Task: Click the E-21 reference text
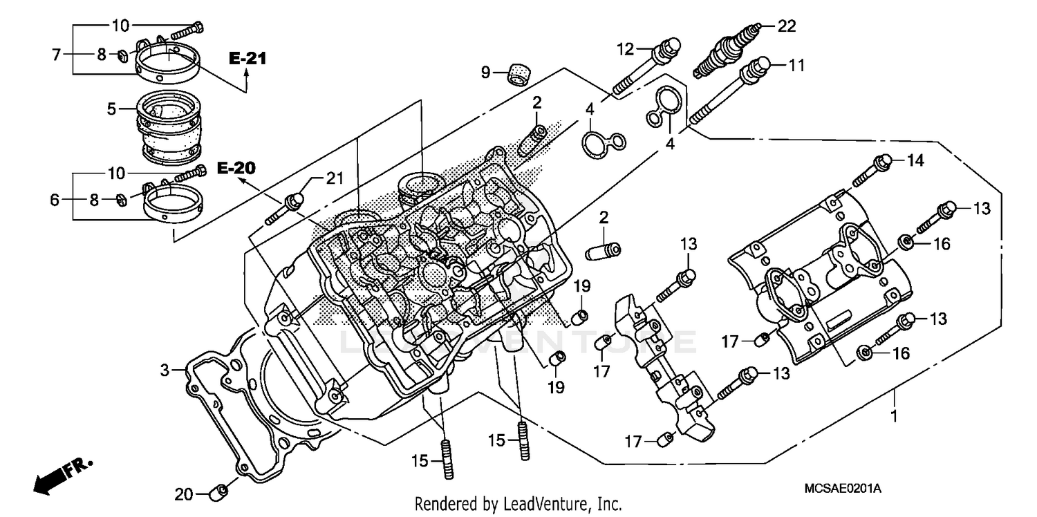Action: [x=247, y=59]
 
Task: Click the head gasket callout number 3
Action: [x=165, y=372]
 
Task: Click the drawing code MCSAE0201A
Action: [x=843, y=489]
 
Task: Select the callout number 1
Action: [x=894, y=416]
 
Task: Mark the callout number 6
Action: [x=55, y=199]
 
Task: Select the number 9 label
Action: [x=486, y=71]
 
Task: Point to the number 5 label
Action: [x=110, y=109]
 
